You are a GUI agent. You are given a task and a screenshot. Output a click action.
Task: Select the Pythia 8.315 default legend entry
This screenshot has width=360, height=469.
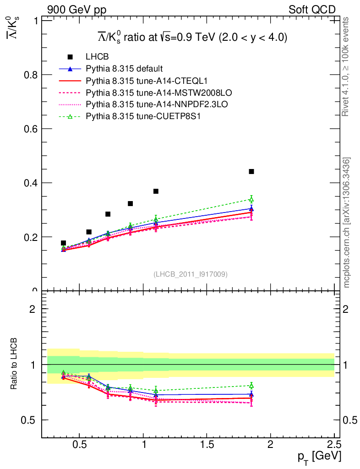tap(124, 69)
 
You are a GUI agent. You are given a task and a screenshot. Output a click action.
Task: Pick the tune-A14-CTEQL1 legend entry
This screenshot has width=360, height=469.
tap(137, 81)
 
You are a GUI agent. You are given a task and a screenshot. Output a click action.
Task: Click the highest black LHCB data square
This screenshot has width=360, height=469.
tap(251, 171)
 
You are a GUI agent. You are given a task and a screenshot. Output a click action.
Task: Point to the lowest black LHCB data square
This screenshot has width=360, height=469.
tap(63, 243)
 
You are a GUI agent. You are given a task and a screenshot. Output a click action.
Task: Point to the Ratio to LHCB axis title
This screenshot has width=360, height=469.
tap(14, 364)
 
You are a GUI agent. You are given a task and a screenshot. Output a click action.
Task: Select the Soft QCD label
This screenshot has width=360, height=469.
tap(312, 10)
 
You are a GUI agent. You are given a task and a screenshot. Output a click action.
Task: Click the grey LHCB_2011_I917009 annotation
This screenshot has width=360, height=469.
tap(190, 274)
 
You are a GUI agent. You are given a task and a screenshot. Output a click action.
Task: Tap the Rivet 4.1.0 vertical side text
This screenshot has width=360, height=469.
tap(347, 66)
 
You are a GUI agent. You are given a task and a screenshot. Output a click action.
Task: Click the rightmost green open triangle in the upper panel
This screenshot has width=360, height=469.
tap(251, 199)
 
